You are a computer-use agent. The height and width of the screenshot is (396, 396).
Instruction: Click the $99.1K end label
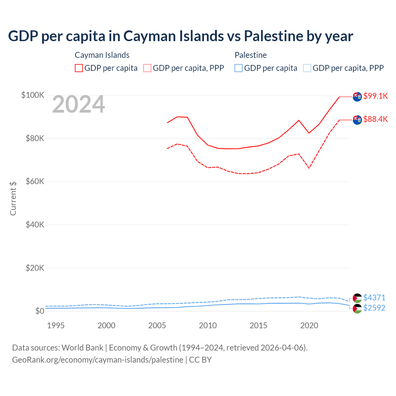pyautogui.click(x=375, y=96)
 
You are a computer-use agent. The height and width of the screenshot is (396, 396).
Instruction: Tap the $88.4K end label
pyautogui.click(x=375, y=119)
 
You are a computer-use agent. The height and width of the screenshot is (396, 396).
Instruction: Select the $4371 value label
pyautogui.click(x=374, y=298)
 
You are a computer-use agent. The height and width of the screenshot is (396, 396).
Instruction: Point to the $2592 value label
pyautogui.click(x=374, y=308)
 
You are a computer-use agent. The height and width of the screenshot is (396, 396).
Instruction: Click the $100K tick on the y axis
pyautogui.click(x=32, y=95)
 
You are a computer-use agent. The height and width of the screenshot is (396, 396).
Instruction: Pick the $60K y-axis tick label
pyautogui.click(x=35, y=181)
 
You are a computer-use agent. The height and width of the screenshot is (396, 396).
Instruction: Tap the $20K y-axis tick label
pyautogui.click(x=35, y=268)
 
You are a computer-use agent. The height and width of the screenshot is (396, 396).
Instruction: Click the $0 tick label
pyautogui.click(x=40, y=311)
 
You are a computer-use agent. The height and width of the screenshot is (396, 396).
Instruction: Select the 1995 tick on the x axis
pyautogui.click(x=56, y=325)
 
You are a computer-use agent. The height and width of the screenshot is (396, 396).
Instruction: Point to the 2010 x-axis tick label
pyautogui.click(x=208, y=325)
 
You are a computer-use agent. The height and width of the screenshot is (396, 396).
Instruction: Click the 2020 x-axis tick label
pyautogui.click(x=309, y=325)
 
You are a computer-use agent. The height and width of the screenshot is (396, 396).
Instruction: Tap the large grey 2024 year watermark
pyautogui.click(x=79, y=105)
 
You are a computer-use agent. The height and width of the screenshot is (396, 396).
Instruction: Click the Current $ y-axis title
pyautogui.click(x=13, y=198)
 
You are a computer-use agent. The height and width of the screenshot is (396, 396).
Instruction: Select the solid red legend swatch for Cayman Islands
pyautogui.click(x=79, y=68)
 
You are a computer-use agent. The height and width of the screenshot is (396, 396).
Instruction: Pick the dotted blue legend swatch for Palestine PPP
pyautogui.click(x=307, y=68)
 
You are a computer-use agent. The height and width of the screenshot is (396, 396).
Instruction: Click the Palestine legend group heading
pyautogui.click(x=251, y=55)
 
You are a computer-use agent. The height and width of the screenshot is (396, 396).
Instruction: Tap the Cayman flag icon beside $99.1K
pyautogui.click(x=357, y=97)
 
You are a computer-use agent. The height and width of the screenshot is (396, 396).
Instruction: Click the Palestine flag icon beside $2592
pyautogui.click(x=357, y=308)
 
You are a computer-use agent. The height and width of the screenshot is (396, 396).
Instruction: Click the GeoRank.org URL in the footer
pyautogui.click(x=97, y=360)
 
